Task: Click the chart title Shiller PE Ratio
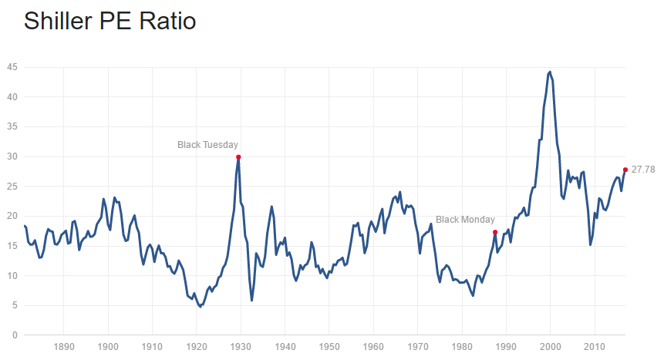[110, 21]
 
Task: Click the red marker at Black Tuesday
[238, 156]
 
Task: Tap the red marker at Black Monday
[495, 232]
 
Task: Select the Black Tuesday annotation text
[207, 144]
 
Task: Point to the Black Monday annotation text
[465, 220]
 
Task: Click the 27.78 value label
[643, 170]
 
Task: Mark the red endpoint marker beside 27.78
[625, 170]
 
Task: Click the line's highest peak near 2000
[549, 72]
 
